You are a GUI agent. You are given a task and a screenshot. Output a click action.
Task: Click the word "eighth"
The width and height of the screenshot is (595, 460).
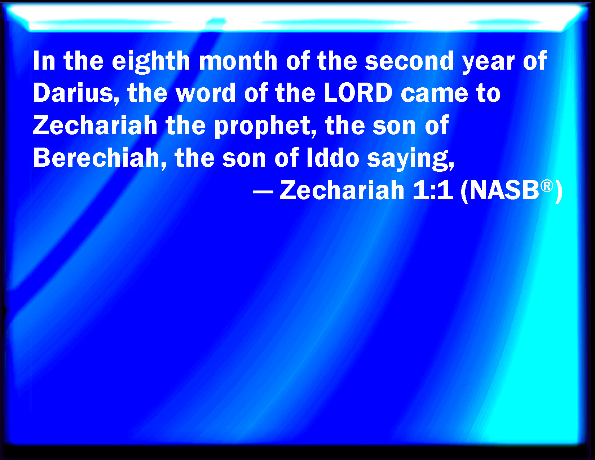pos(151,61)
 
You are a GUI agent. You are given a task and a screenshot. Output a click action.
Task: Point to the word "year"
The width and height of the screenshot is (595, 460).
pos(489,61)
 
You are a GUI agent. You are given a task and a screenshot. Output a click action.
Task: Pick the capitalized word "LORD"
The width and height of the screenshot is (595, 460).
pos(358,93)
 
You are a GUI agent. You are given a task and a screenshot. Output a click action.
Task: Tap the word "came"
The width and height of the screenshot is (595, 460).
pos(434,93)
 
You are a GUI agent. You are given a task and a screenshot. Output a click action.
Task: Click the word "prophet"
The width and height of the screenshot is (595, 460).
pos(265,126)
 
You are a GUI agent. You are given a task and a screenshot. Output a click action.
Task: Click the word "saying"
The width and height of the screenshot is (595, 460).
pos(410,159)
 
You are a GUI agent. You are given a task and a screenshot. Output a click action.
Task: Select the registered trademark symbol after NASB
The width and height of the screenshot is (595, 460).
pos(547,185)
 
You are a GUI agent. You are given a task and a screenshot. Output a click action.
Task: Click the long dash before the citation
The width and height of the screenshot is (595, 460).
pos(263,191)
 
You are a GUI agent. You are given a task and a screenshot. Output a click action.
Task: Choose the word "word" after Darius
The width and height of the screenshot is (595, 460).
pos(206,93)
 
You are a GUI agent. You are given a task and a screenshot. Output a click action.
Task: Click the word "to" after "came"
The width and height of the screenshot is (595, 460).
pos(488,93)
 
